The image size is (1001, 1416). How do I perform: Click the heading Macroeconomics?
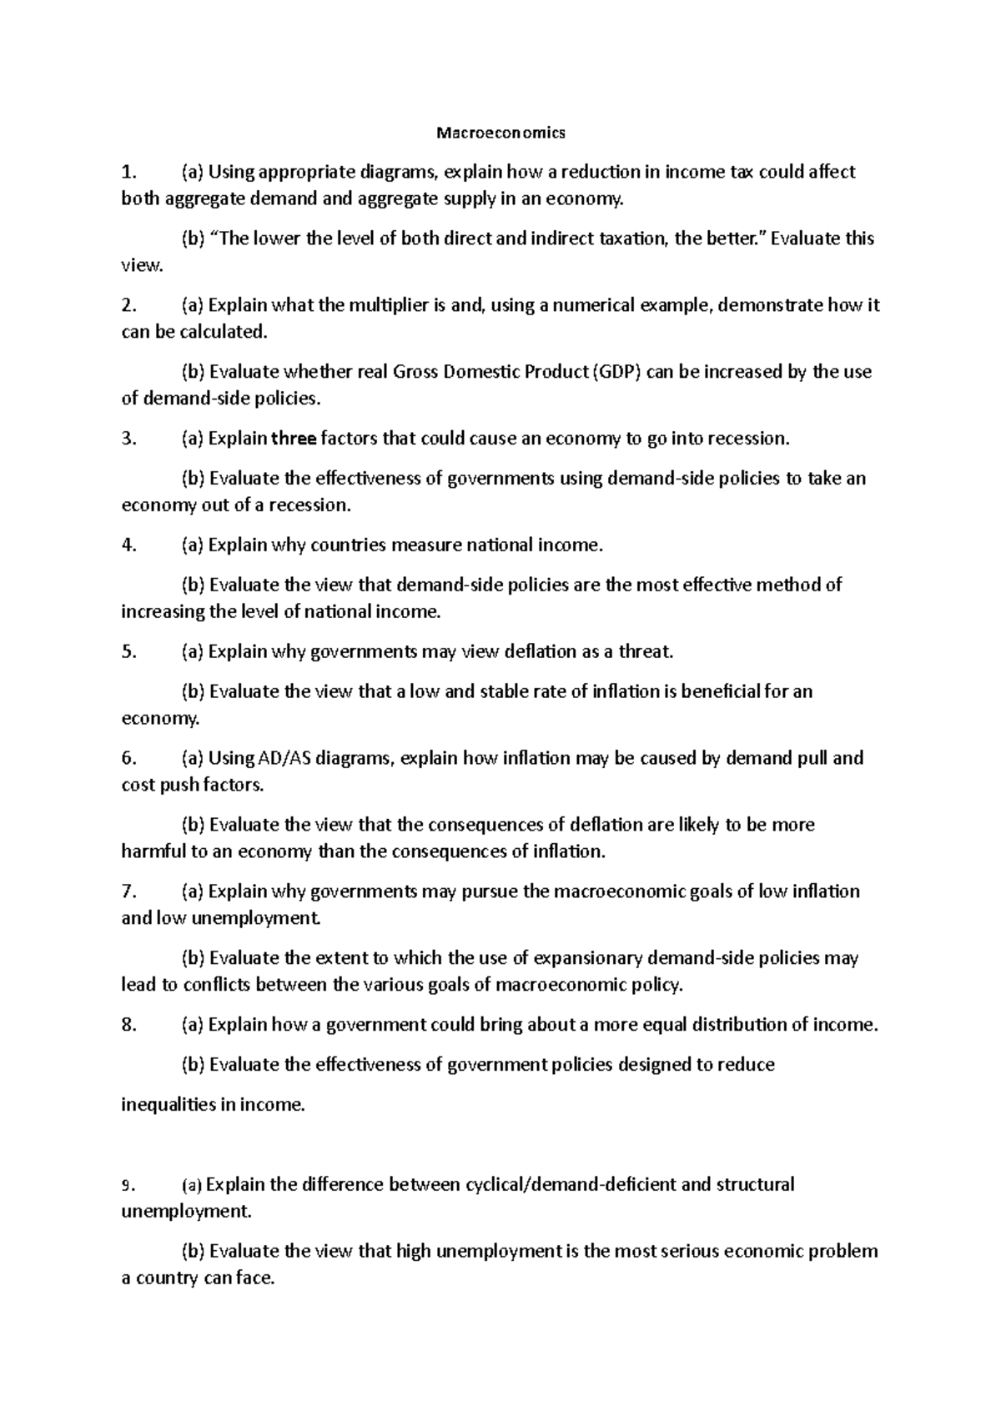pyautogui.click(x=501, y=133)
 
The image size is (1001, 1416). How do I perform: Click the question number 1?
pyautogui.click(x=127, y=173)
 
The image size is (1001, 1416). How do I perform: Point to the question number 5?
pyautogui.click(x=128, y=652)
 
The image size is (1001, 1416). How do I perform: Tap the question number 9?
pyautogui.click(x=126, y=1185)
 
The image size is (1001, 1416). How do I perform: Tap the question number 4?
pyautogui.click(x=128, y=545)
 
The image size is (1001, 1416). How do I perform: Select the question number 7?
pyautogui.click(x=128, y=891)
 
